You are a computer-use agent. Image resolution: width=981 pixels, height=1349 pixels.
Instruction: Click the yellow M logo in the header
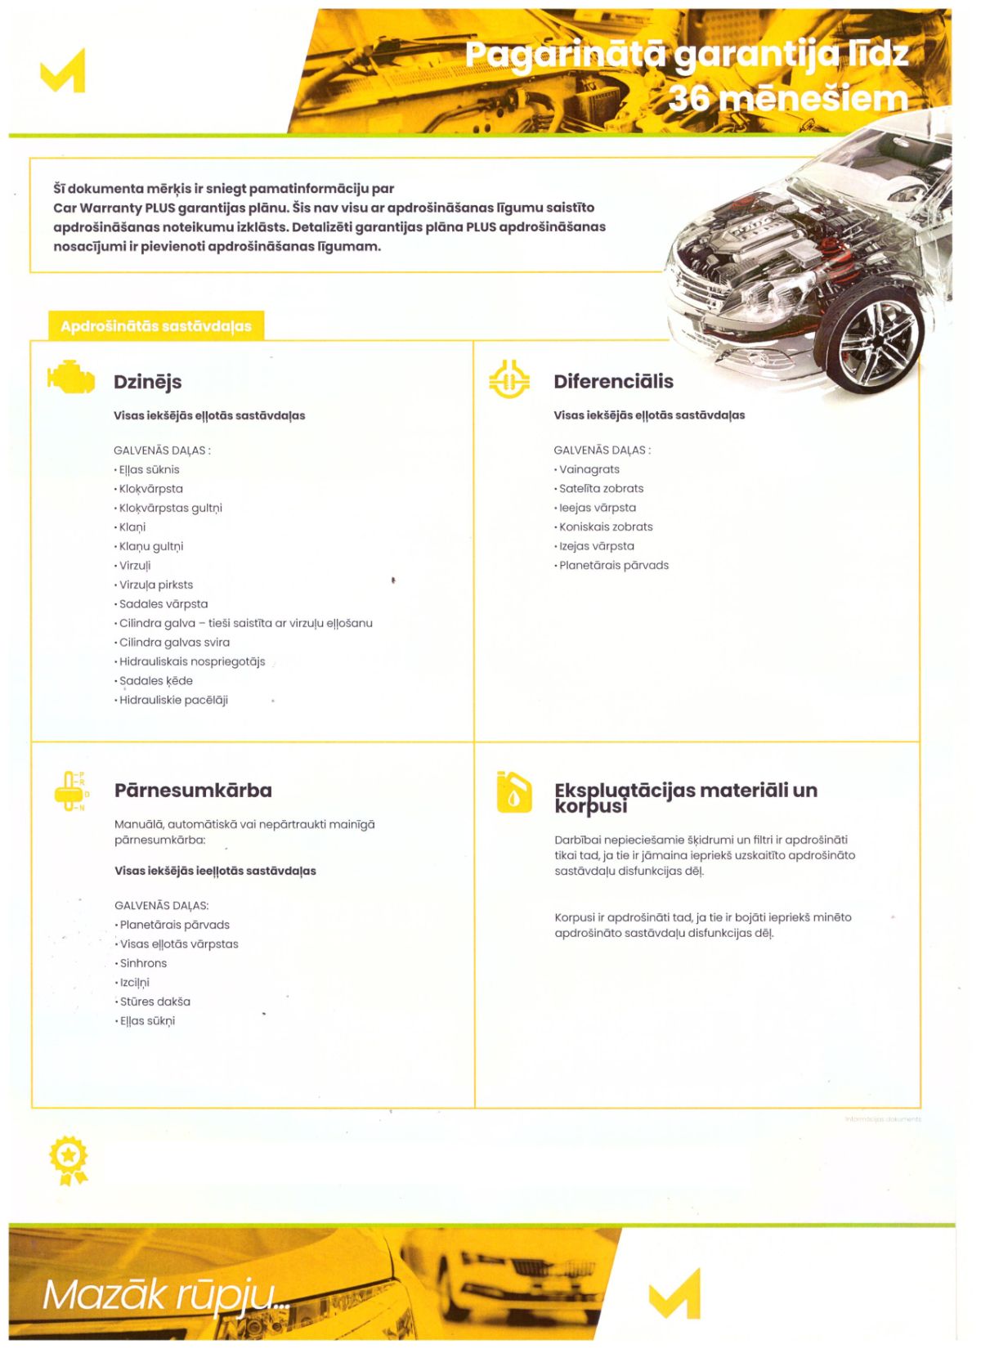pos(63,70)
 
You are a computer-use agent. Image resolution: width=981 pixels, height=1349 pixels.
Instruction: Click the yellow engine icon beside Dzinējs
pos(71,377)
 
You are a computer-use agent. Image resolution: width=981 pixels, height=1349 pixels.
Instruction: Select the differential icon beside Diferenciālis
pos(509,379)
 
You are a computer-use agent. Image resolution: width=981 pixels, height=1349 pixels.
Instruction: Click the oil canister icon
pos(513,792)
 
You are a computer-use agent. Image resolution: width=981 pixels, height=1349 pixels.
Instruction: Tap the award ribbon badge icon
pos(69,1159)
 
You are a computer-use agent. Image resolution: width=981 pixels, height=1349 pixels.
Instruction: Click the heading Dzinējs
pos(148,382)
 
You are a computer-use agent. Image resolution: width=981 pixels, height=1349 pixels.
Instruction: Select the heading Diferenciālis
pos(613,382)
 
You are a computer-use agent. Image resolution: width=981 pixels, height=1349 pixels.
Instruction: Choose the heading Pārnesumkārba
pos(193,791)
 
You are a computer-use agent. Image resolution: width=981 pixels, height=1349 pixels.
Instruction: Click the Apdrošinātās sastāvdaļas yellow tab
pos(155,326)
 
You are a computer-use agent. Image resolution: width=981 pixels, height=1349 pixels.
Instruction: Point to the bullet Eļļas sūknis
pos(149,469)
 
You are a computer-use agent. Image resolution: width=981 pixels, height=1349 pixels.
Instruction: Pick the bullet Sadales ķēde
pos(155,680)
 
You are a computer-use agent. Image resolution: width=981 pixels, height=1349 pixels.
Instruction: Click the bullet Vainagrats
pos(589,469)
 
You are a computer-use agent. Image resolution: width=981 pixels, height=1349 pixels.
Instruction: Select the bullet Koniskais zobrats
pos(606,527)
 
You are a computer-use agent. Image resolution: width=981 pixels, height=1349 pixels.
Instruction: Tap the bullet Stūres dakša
pos(155,1002)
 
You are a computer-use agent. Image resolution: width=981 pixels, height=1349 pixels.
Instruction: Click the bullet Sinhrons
pos(143,963)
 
